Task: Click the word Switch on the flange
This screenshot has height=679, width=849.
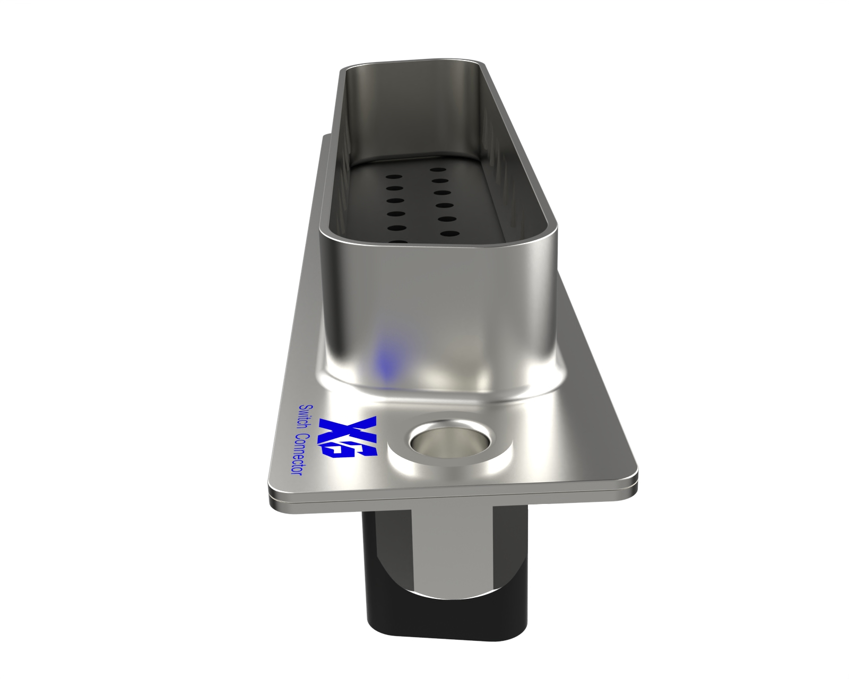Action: point(307,418)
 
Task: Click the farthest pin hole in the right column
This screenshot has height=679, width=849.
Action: point(437,171)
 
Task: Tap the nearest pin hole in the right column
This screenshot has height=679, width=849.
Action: point(447,233)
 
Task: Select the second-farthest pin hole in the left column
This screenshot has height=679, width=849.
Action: point(393,188)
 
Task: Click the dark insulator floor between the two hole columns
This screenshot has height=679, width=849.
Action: point(417,207)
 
